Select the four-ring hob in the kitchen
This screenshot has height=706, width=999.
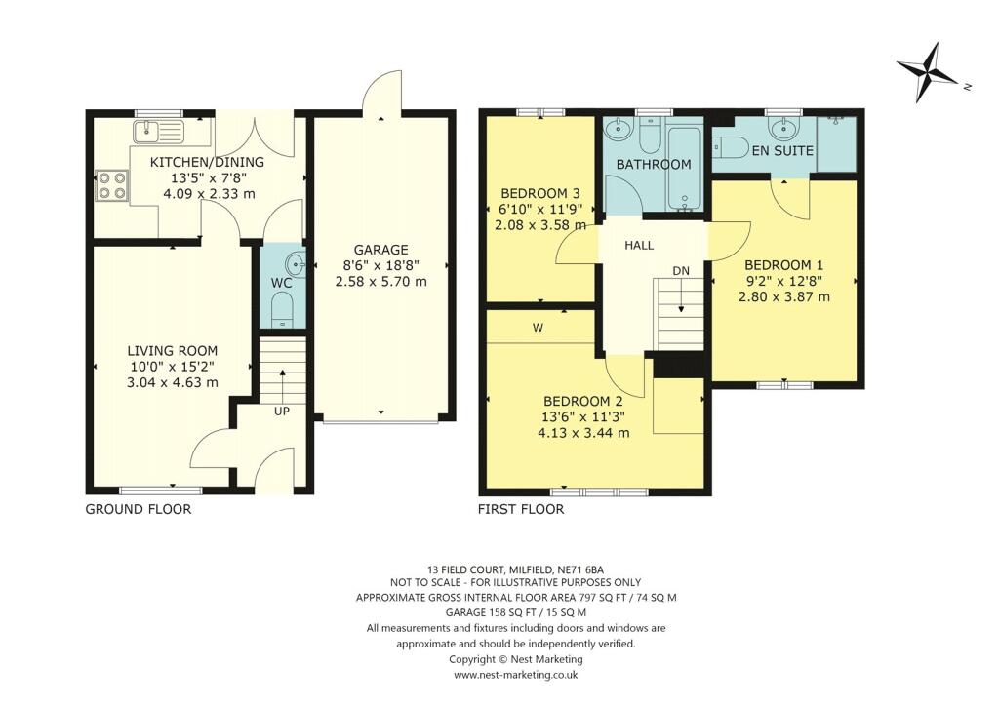110,185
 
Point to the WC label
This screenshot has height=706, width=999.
281,285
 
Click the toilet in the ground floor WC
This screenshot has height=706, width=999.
281,311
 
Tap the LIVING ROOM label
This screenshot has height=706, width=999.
172,351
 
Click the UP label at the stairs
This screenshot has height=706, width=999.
282,412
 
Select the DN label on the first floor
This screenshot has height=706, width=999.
680,270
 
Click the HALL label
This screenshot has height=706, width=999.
640,246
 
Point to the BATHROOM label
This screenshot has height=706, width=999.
652,165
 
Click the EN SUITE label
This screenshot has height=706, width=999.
783,151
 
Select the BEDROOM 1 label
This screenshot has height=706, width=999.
784,264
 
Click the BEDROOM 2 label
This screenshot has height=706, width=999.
582,400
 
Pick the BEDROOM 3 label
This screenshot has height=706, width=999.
540,192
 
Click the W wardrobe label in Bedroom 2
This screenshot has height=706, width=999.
538,329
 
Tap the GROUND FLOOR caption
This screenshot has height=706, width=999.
139,509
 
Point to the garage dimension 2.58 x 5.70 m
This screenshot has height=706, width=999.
380,282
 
